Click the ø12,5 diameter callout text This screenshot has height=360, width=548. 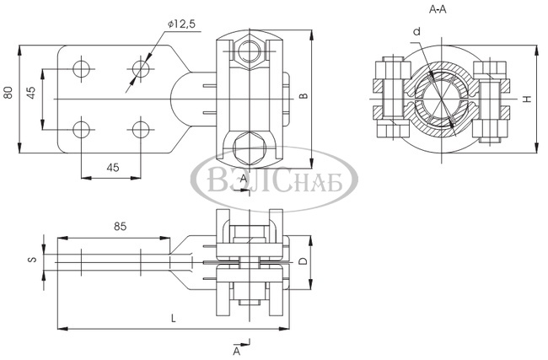pyautogui.click(x=181, y=24)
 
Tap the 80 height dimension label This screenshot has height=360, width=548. pyautogui.click(x=8, y=92)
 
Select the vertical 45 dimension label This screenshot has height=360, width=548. pyautogui.click(x=31, y=93)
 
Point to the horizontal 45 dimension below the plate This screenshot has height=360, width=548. pyautogui.click(x=113, y=168)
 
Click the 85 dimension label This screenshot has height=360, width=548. pyautogui.click(x=120, y=227)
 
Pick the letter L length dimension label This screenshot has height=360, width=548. pyautogui.click(x=174, y=318)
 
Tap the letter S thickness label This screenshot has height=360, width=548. pyautogui.click(x=32, y=260)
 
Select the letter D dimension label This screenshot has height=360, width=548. pyautogui.click(x=304, y=261)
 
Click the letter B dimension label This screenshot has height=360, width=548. pyautogui.click(x=304, y=96)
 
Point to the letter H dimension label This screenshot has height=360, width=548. pyautogui.click(x=528, y=99)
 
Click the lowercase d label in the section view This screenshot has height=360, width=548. pyautogui.click(x=416, y=32)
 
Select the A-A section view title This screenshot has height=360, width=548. pyautogui.click(x=438, y=9)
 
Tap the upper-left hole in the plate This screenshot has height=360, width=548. pyautogui.click(x=82, y=68)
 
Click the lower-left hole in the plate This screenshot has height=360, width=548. pyautogui.click(x=82, y=130)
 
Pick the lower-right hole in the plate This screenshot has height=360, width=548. pyautogui.click(x=141, y=130)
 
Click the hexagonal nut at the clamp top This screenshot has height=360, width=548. pyautogui.click(x=250, y=51)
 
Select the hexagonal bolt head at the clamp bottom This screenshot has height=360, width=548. pyautogui.click(x=250, y=148)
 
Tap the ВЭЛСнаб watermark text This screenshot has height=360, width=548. pyautogui.click(x=275, y=180)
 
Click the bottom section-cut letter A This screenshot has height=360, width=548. pyautogui.click(x=237, y=351)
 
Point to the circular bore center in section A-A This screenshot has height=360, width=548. pyautogui.click(x=442, y=99)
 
